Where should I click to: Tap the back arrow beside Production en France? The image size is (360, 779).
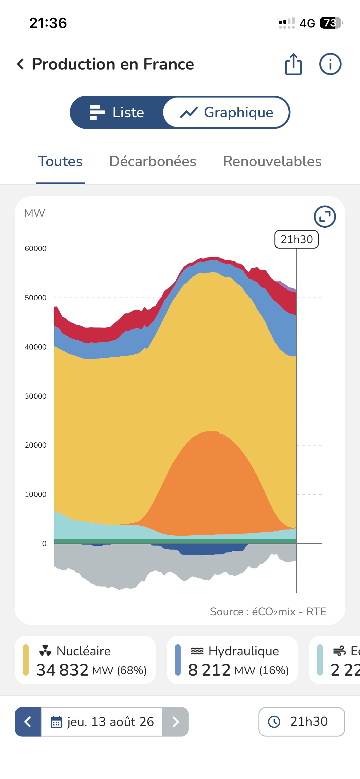(x=20, y=64)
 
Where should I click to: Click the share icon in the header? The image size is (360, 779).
(x=294, y=64)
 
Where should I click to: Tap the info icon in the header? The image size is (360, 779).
(x=330, y=64)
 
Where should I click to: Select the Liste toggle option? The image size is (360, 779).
(x=117, y=112)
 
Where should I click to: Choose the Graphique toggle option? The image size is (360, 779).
(x=226, y=112)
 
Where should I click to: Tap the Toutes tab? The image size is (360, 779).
(x=60, y=162)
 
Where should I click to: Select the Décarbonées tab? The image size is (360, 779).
(x=153, y=162)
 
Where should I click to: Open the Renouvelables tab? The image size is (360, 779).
(x=272, y=162)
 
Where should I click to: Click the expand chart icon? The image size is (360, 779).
(x=325, y=217)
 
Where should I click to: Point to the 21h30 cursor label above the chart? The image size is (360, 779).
(x=297, y=239)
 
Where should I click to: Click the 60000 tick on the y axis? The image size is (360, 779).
(x=36, y=249)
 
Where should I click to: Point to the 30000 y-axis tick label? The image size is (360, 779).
(x=36, y=396)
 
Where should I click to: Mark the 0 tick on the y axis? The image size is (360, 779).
(x=44, y=544)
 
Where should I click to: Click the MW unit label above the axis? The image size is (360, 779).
(x=34, y=213)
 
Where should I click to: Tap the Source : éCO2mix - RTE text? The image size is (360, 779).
(x=268, y=612)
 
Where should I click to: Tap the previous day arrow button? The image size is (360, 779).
(x=28, y=722)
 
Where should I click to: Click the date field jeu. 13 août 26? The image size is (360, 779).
(x=102, y=722)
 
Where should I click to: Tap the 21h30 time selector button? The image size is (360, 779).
(x=302, y=722)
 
